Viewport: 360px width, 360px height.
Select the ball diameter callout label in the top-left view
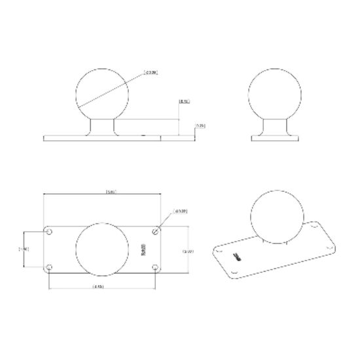point(151,72)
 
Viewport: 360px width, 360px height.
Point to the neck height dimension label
point(184,103)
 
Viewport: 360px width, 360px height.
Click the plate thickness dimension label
point(201,126)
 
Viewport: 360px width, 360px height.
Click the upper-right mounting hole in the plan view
point(155,230)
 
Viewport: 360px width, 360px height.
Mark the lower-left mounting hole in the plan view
point(50,268)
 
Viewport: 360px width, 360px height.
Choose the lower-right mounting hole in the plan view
point(155,268)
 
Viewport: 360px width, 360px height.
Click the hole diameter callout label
point(181,211)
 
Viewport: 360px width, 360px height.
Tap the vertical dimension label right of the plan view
point(187,251)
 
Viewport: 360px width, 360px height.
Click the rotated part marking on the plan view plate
point(143,250)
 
